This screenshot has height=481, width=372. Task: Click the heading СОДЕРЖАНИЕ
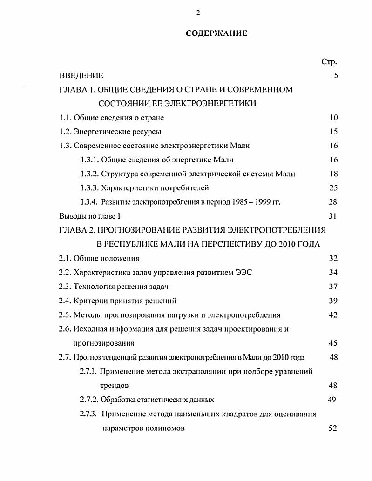click(217, 33)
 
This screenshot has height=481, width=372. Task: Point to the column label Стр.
click(329, 62)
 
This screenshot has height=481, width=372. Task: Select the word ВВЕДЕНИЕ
click(81, 75)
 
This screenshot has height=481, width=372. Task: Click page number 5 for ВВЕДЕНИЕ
click(336, 75)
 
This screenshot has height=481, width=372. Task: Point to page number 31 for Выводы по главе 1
click(331, 216)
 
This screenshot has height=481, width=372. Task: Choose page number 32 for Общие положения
click(333, 258)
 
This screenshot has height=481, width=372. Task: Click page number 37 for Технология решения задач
click(333, 287)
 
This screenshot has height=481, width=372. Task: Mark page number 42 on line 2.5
click(333, 315)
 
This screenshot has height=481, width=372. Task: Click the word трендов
click(114, 386)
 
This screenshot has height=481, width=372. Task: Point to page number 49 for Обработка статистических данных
click(331, 400)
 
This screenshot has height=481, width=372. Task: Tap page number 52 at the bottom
click(332, 428)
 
